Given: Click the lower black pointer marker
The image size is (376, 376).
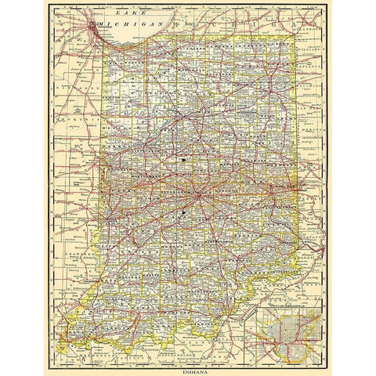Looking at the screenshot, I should click(182, 211).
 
